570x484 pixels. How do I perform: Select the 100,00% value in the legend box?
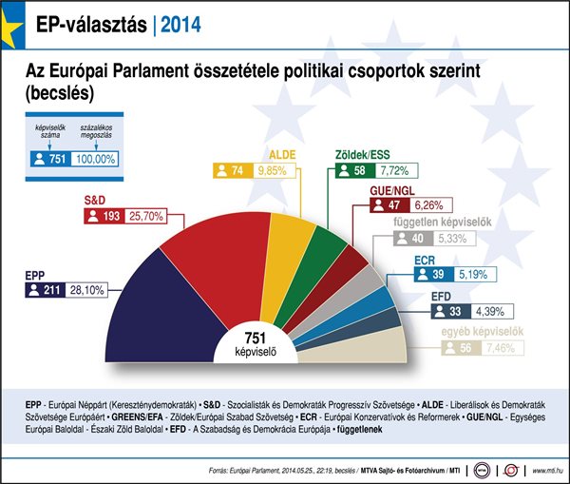point(93,160)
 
